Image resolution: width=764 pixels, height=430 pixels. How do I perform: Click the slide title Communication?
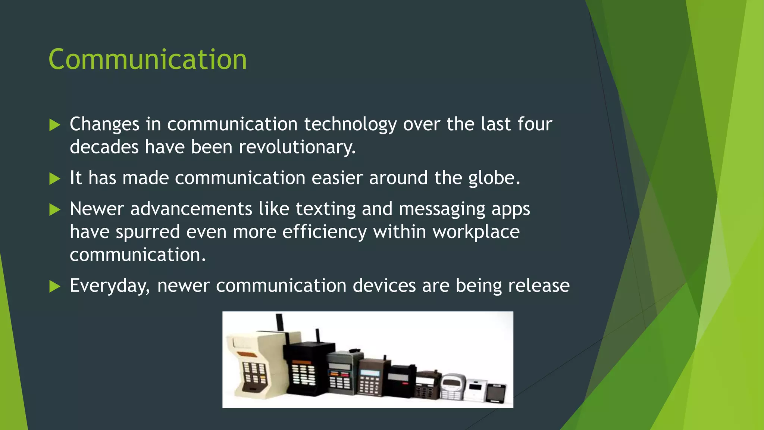tap(147, 60)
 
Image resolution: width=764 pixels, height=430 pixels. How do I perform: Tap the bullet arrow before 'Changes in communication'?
tap(54, 125)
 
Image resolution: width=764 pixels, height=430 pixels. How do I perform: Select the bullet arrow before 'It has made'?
tap(54, 179)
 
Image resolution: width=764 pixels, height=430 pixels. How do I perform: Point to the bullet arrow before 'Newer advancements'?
tap(54, 210)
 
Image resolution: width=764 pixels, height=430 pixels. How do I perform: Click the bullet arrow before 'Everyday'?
tap(54, 287)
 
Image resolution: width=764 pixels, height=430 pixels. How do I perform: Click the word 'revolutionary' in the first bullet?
tap(297, 147)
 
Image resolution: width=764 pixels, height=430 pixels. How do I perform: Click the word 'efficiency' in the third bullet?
tap(324, 232)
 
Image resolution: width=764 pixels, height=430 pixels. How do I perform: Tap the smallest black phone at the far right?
tap(496, 393)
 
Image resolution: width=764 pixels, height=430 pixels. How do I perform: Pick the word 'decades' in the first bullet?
tap(104, 147)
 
